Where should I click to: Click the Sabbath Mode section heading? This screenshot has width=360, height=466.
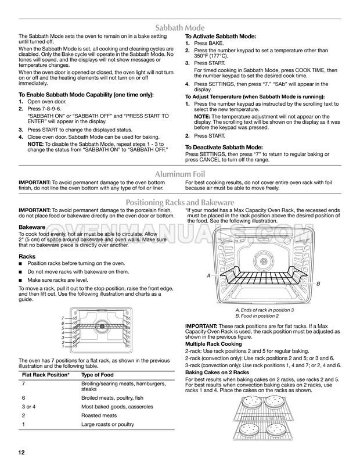[x=179, y=27]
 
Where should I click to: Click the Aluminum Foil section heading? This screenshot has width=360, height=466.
[x=179, y=174]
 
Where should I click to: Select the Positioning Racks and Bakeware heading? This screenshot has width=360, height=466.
[x=179, y=202]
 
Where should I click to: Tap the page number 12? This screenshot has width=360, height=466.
[x=20, y=452]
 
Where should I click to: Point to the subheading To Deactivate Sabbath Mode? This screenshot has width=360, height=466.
[x=224, y=148]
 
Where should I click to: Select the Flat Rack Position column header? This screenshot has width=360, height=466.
[x=45, y=375]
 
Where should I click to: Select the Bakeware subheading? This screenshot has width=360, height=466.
[x=33, y=226]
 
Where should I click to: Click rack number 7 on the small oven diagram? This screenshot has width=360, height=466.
[x=62, y=318]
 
